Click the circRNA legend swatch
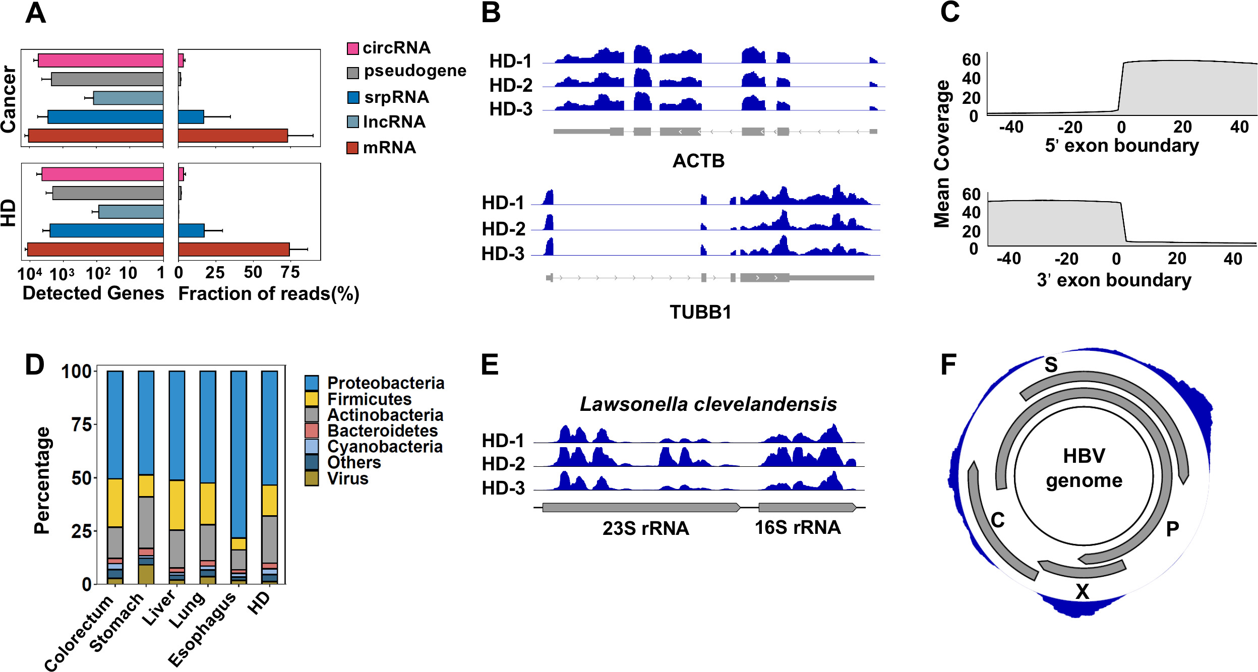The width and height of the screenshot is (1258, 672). tap(352, 48)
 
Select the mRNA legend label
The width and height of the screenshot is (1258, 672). tap(389, 147)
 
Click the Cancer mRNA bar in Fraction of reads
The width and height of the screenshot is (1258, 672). tap(233, 136)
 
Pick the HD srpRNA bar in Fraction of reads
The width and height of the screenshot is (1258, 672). tap(191, 230)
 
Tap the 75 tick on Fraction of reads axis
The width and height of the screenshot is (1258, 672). tap(290, 273)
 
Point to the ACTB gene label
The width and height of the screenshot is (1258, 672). tap(698, 161)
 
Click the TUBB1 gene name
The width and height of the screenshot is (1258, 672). tap(700, 312)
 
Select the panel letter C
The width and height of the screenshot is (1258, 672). tap(950, 12)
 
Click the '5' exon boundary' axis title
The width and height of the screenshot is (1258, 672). tap(1122, 145)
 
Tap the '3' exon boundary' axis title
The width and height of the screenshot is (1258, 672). tap(1114, 280)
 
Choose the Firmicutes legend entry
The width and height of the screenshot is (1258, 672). tap(369, 399)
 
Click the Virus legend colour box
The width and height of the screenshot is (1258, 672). tap(312, 478)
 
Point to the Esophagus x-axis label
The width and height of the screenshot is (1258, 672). tap(202, 629)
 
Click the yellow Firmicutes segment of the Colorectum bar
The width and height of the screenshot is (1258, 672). tap(115, 503)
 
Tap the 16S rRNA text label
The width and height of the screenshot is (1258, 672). tap(797, 527)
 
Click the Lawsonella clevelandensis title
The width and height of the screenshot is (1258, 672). tap(708, 404)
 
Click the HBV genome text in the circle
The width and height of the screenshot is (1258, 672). tap(1084, 468)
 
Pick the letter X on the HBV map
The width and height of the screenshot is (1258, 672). tap(1082, 591)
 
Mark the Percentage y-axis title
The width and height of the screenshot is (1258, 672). tap(42, 480)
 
